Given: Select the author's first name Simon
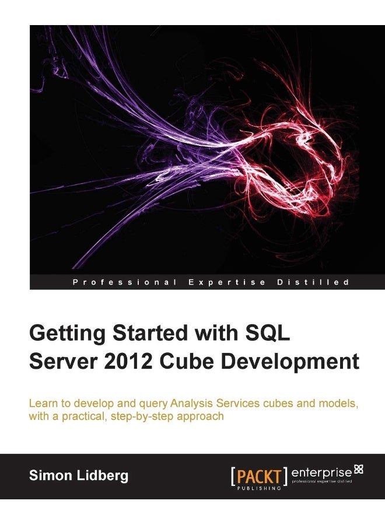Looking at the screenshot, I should pos(50,475).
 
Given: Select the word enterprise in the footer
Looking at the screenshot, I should pos(322,472).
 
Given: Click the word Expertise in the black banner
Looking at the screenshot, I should pos(228,282).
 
